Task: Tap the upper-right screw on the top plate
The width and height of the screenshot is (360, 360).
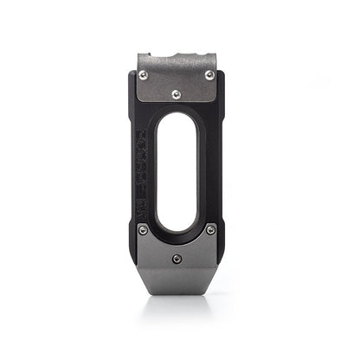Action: [x=209, y=75]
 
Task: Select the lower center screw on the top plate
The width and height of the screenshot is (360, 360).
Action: [x=177, y=93]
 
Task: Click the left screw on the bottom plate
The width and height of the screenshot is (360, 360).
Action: [x=143, y=229]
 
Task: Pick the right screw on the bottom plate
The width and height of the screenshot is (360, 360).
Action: [x=210, y=229]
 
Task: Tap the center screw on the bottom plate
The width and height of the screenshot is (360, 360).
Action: [x=177, y=258]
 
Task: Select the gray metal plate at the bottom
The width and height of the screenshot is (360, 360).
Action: [x=177, y=260]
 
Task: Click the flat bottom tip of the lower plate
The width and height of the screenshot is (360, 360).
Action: [x=177, y=292]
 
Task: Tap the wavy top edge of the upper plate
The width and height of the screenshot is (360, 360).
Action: [x=177, y=55]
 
